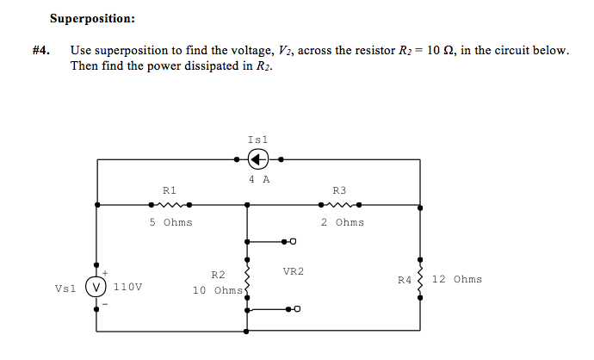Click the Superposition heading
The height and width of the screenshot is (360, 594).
click(x=92, y=17)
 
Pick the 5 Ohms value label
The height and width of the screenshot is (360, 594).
click(x=170, y=222)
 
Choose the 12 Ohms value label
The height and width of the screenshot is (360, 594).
click(x=456, y=279)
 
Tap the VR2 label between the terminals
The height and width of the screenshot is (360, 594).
click(x=293, y=272)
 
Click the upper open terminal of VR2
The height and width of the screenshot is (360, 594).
click(x=293, y=242)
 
